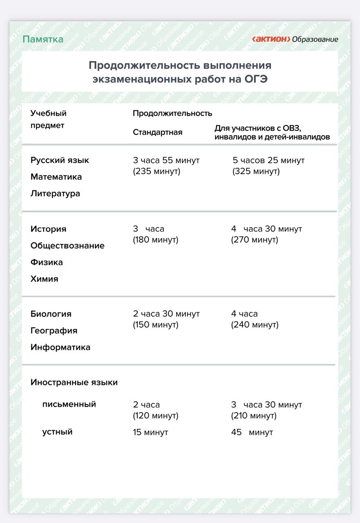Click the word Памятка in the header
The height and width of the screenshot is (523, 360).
43,39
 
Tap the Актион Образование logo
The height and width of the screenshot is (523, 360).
295,39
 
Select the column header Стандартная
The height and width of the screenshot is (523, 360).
157,132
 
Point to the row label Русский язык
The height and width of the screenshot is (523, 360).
60,160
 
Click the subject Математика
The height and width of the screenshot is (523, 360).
56,177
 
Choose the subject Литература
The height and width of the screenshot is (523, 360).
55,194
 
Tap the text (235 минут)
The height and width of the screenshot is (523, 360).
157,171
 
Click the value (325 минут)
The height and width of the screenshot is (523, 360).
256,171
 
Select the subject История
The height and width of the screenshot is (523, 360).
48,229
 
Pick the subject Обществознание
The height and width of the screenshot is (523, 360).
67,246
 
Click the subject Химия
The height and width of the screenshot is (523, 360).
44,279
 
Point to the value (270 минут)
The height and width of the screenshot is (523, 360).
255,240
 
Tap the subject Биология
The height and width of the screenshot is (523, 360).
51,314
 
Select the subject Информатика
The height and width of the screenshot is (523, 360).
60,347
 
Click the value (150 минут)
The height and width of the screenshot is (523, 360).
156,325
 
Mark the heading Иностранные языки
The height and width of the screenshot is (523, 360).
74,382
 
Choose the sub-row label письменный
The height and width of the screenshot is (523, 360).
69,404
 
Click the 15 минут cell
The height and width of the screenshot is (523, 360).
150,432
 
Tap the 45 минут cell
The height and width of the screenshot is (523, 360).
252,432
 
